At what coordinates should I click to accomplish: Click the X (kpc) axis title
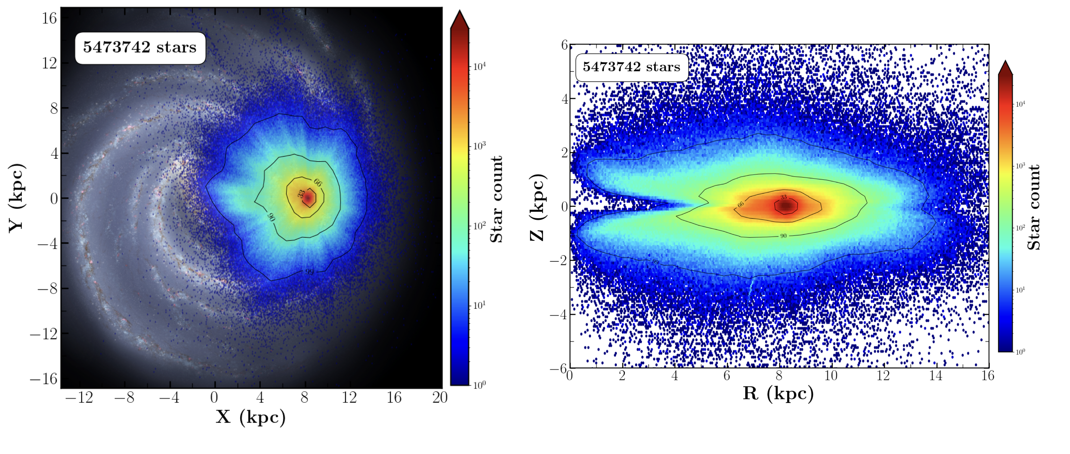pos(250,417)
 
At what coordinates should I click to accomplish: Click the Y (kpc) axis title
pos(17,198)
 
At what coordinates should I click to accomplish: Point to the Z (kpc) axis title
pos(537,207)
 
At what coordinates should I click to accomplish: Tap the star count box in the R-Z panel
pos(631,67)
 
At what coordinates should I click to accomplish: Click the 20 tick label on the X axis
pos(439,398)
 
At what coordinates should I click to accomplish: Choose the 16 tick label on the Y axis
pos(49,18)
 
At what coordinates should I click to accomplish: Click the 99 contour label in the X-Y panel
pos(309,272)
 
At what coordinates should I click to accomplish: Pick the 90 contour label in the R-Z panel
pos(783,236)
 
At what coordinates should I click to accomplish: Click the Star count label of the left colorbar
pos(496,199)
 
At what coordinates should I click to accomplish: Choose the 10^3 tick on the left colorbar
pos(479,146)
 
